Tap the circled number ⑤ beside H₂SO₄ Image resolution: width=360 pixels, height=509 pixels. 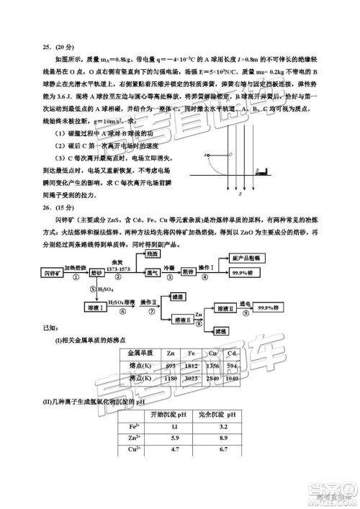coord(92,289)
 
